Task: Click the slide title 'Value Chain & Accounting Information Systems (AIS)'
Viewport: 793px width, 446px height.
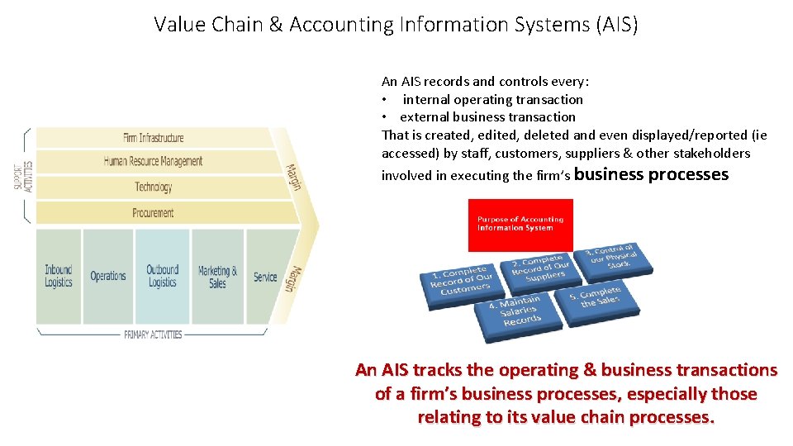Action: tap(396, 25)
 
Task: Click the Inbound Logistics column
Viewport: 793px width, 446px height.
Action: tap(59, 276)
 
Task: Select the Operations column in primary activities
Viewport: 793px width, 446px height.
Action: tap(108, 276)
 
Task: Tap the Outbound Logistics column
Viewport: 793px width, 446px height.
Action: tap(163, 276)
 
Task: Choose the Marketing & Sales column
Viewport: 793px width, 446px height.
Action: tap(217, 276)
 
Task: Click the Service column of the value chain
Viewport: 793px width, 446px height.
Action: tap(265, 276)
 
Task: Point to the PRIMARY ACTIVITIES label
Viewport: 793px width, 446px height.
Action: tap(153, 334)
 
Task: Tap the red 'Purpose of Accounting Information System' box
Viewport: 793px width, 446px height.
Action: tap(520, 225)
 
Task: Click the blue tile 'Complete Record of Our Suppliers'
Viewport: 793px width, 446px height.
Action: tap(540, 268)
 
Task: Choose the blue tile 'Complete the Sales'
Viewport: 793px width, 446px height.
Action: tap(600, 298)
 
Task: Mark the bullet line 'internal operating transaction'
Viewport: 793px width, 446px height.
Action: tap(492, 99)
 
